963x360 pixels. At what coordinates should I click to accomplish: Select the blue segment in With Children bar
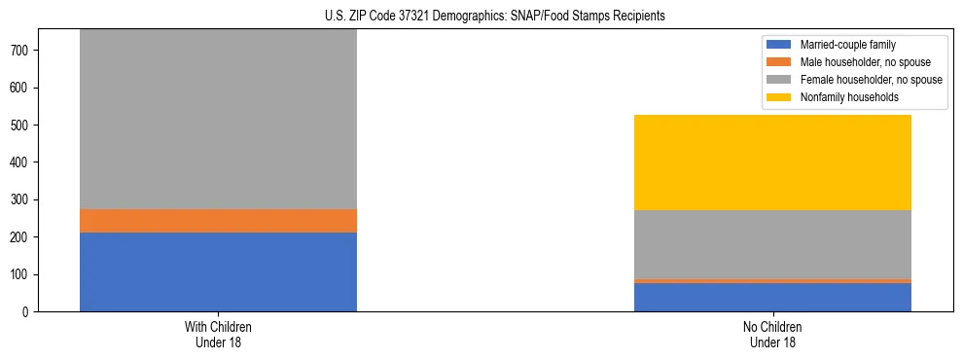click(x=218, y=271)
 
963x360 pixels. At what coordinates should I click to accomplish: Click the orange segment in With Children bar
click(x=218, y=221)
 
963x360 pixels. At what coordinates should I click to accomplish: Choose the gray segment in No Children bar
click(x=772, y=244)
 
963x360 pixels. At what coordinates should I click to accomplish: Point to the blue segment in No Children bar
click(x=772, y=297)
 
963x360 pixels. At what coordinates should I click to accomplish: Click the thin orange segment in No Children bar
click(x=772, y=280)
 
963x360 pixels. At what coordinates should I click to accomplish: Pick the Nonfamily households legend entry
click(x=842, y=97)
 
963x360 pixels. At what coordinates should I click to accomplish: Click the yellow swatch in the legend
click(x=779, y=97)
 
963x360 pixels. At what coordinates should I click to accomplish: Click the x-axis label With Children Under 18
click(x=218, y=335)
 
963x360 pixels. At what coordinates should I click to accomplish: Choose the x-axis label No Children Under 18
click(x=772, y=335)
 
